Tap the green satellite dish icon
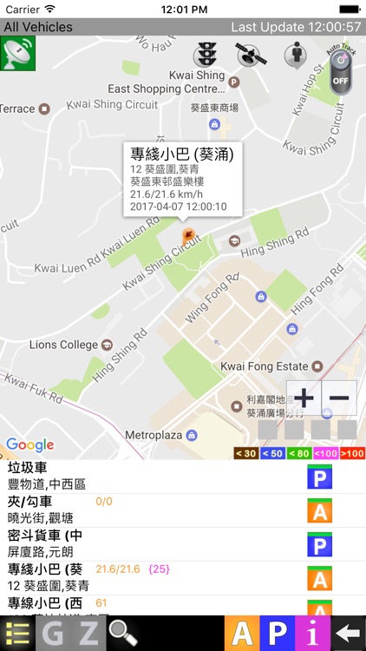18,56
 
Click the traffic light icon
206,55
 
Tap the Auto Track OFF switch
341,75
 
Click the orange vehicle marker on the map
187,236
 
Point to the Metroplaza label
157,434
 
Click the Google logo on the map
29,445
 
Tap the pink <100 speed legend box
325,453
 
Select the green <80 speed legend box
299,453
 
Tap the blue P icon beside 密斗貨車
320,545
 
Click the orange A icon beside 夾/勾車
320,511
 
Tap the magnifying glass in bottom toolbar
121,634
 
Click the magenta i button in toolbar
312,634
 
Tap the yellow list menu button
17,634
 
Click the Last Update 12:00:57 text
296,27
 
